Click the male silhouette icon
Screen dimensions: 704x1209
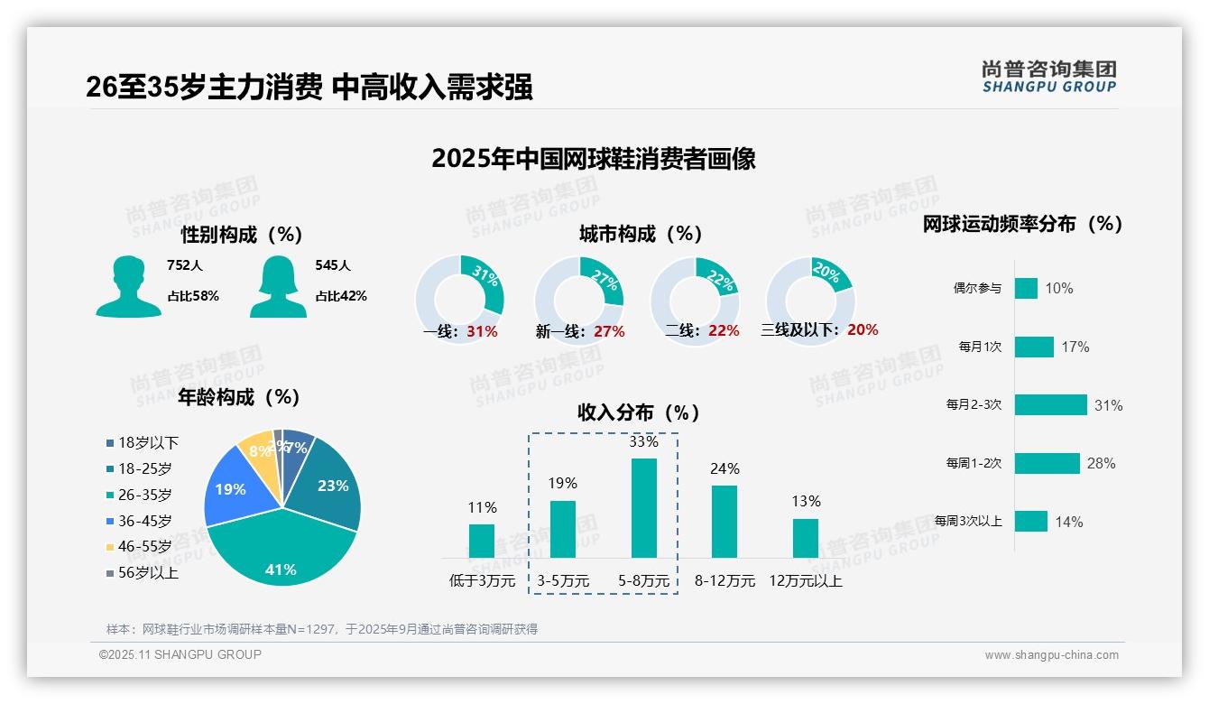[128, 287]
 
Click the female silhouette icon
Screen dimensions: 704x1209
[278, 287]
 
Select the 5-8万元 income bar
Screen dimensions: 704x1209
[644, 508]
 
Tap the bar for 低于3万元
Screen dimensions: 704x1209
[482, 541]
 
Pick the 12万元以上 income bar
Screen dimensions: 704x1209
[806, 538]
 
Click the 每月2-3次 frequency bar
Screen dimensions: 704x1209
[1050, 405]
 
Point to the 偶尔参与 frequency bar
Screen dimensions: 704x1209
[1026, 288]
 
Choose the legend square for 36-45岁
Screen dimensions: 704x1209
[110, 521]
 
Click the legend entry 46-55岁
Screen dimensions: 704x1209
[144, 547]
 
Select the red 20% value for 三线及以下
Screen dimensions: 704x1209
[863, 330]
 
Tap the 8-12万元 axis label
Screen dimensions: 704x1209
[724, 581]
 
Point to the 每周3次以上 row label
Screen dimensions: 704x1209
[968, 522]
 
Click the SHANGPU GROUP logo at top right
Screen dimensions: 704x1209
[1048, 77]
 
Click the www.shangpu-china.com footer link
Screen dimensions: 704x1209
[1051, 655]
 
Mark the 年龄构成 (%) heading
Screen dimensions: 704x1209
[238, 397]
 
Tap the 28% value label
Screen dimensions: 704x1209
[1101, 464]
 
